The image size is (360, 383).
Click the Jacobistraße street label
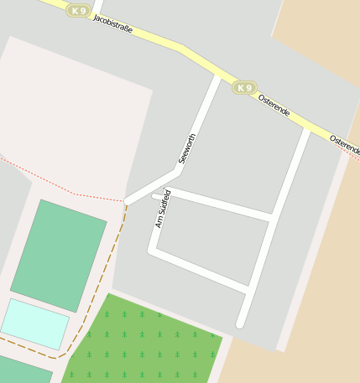[x=113, y=24]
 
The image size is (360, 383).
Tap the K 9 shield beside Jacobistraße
[x=78, y=11]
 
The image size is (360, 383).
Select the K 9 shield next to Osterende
[x=244, y=88]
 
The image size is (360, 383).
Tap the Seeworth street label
[x=187, y=148]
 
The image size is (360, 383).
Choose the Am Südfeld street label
[x=163, y=209]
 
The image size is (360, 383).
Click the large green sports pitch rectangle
[x=59, y=254]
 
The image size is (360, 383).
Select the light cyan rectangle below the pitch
[x=35, y=323]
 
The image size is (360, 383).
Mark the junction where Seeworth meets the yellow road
[x=218, y=76]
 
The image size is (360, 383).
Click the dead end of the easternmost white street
[x=240, y=323]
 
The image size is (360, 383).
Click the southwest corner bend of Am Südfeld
[x=152, y=249]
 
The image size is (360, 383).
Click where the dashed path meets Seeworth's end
[x=126, y=202]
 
